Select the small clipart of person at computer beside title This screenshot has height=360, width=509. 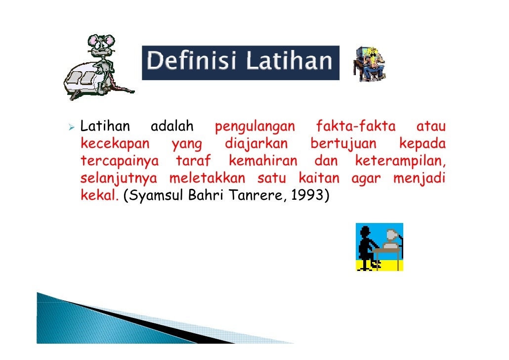[369, 64]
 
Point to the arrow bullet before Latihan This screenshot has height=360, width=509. [72, 128]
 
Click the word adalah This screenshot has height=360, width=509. [172, 128]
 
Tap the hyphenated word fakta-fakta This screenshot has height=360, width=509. [356, 128]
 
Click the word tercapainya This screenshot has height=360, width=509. [119, 162]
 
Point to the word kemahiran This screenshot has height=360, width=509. [263, 162]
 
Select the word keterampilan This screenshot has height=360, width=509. [400, 162]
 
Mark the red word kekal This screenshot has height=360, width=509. [99, 195]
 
